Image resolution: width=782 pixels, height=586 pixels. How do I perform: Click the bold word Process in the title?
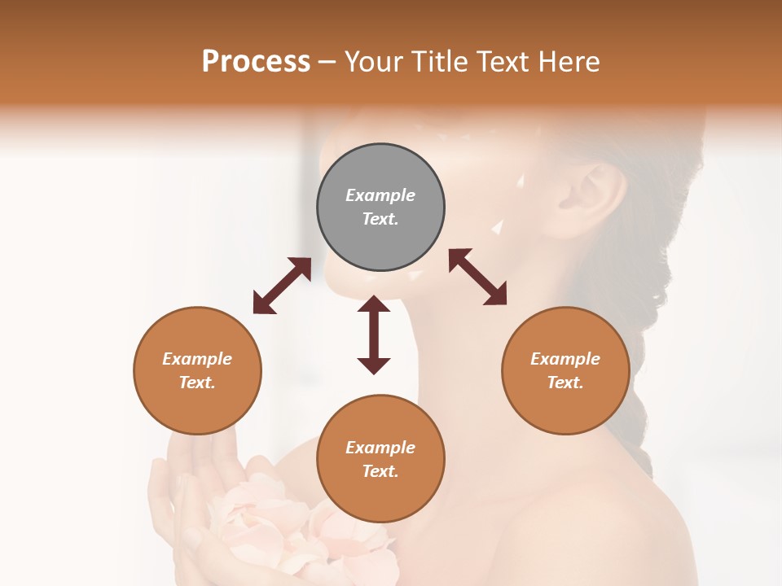point(256,62)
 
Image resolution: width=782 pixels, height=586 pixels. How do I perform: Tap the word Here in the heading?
point(569,62)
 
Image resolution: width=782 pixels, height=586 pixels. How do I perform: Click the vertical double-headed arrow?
point(374,335)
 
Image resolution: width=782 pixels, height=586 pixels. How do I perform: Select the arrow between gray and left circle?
point(282,286)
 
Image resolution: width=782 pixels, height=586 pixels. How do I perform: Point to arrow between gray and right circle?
point(478,277)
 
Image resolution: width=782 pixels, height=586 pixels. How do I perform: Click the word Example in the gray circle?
point(380,195)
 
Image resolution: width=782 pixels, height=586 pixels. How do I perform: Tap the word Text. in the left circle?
point(197,383)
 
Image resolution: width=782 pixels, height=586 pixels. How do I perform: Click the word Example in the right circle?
point(565,359)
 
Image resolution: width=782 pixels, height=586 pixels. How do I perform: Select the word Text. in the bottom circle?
point(380,471)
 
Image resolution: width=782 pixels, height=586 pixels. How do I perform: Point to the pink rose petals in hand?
point(269,521)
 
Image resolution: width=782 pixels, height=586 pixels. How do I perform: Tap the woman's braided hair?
point(644,342)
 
